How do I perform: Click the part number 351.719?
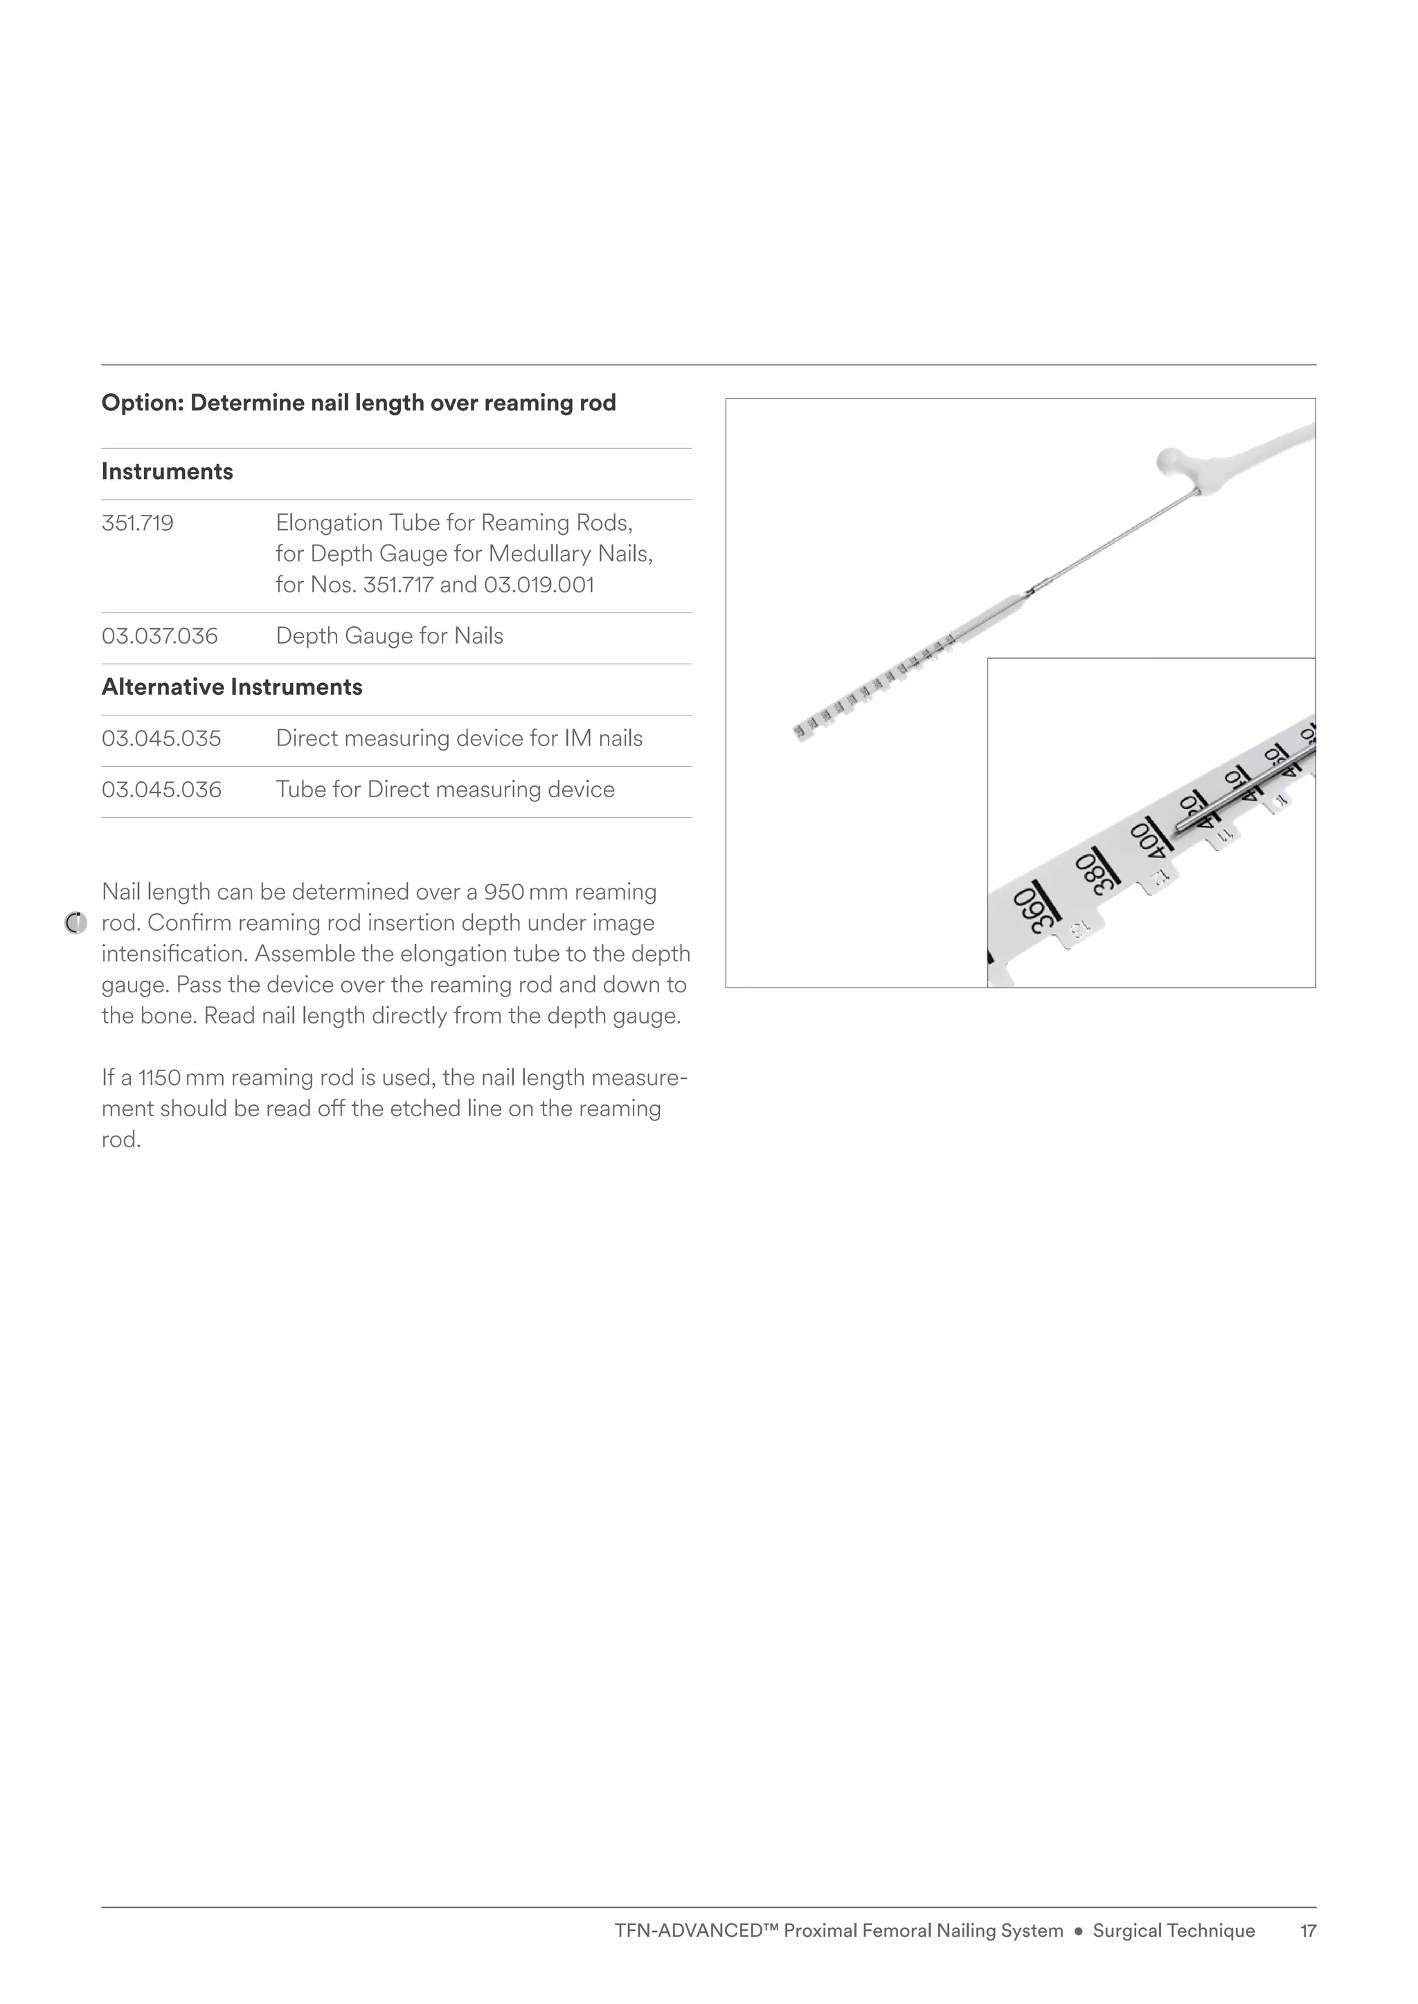(x=137, y=523)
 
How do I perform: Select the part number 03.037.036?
(x=159, y=635)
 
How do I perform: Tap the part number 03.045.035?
(x=161, y=738)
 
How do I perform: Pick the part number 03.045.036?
(x=161, y=790)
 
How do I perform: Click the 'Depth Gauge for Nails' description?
(x=389, y=635)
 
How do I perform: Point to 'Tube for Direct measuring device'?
(x=445, y=790)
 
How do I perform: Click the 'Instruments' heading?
(x=167, y=471)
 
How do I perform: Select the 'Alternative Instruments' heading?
(x=231, y=687)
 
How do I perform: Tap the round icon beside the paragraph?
(x=76, y=922)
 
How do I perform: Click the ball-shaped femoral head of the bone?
(x=1170, y=460)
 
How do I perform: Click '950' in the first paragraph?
(x=504, y=892)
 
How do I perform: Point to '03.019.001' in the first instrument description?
(x=539, y=585)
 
